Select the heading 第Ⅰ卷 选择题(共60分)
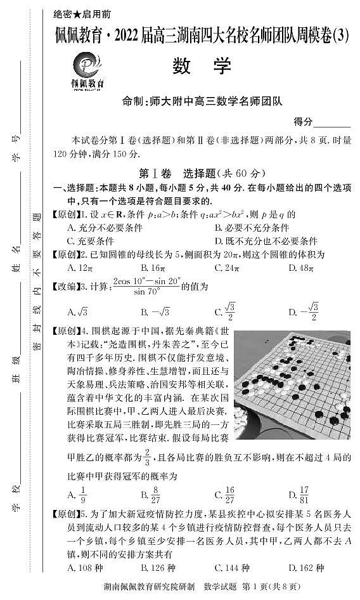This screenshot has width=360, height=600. [x=200, y=173]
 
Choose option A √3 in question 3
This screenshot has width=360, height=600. [x=77, y=311]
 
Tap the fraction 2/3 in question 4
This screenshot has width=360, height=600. [x=147, y=457]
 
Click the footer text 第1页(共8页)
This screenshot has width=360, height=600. [x=276, y=588]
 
